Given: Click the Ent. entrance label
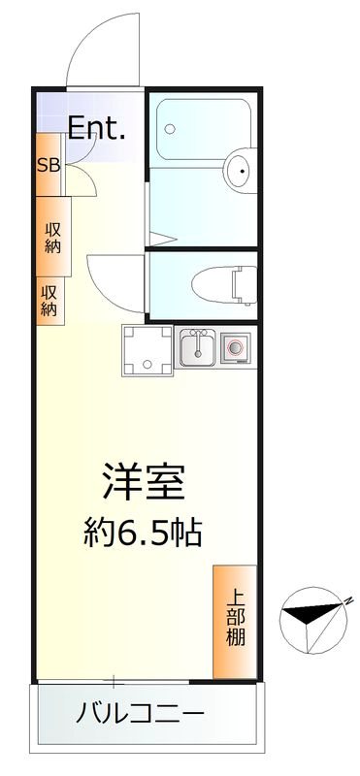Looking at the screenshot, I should [x=96, y=126].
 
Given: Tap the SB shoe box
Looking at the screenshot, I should [x=49, y=164].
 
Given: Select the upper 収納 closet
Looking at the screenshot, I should [x=51, y=237].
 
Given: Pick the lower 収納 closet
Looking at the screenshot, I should [x=49, y=300].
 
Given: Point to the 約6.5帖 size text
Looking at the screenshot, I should [x=145, y=531].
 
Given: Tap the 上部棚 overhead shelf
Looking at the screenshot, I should [x=236, y=620].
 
